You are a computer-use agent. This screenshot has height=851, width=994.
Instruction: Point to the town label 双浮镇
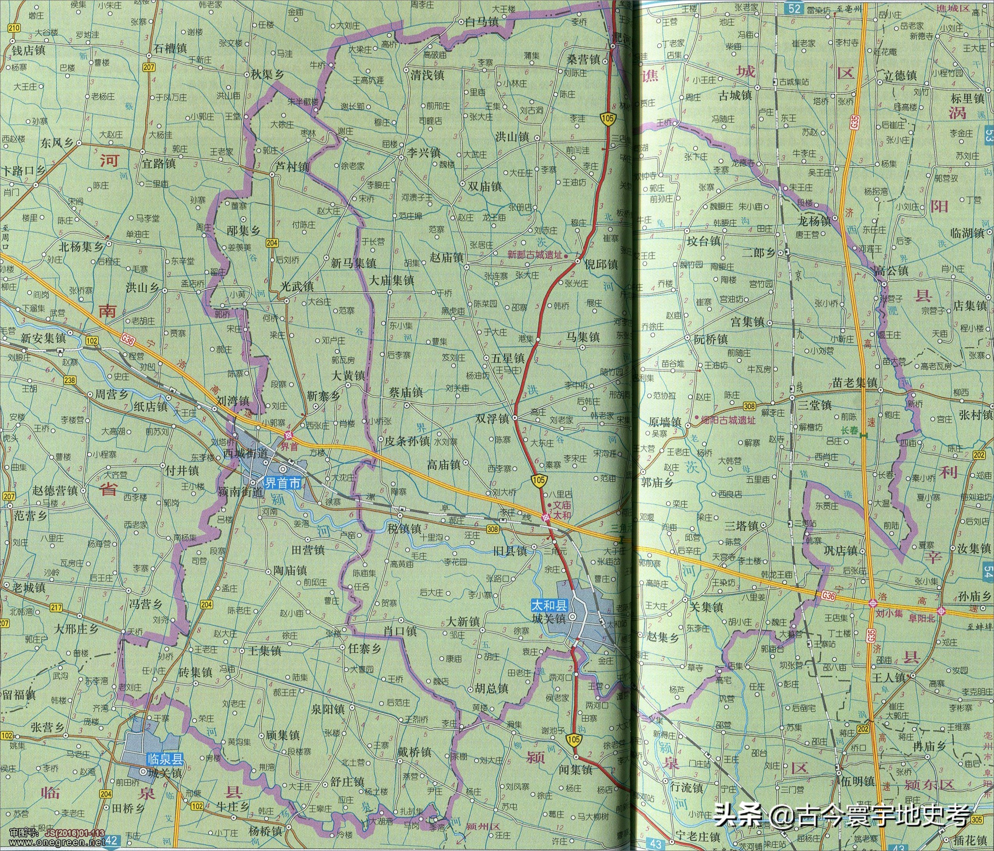492,418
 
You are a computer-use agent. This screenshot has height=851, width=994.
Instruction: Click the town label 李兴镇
424,152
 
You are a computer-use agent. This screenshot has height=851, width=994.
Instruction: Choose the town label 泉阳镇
328,710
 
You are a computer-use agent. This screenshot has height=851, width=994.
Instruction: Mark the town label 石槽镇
170,48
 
